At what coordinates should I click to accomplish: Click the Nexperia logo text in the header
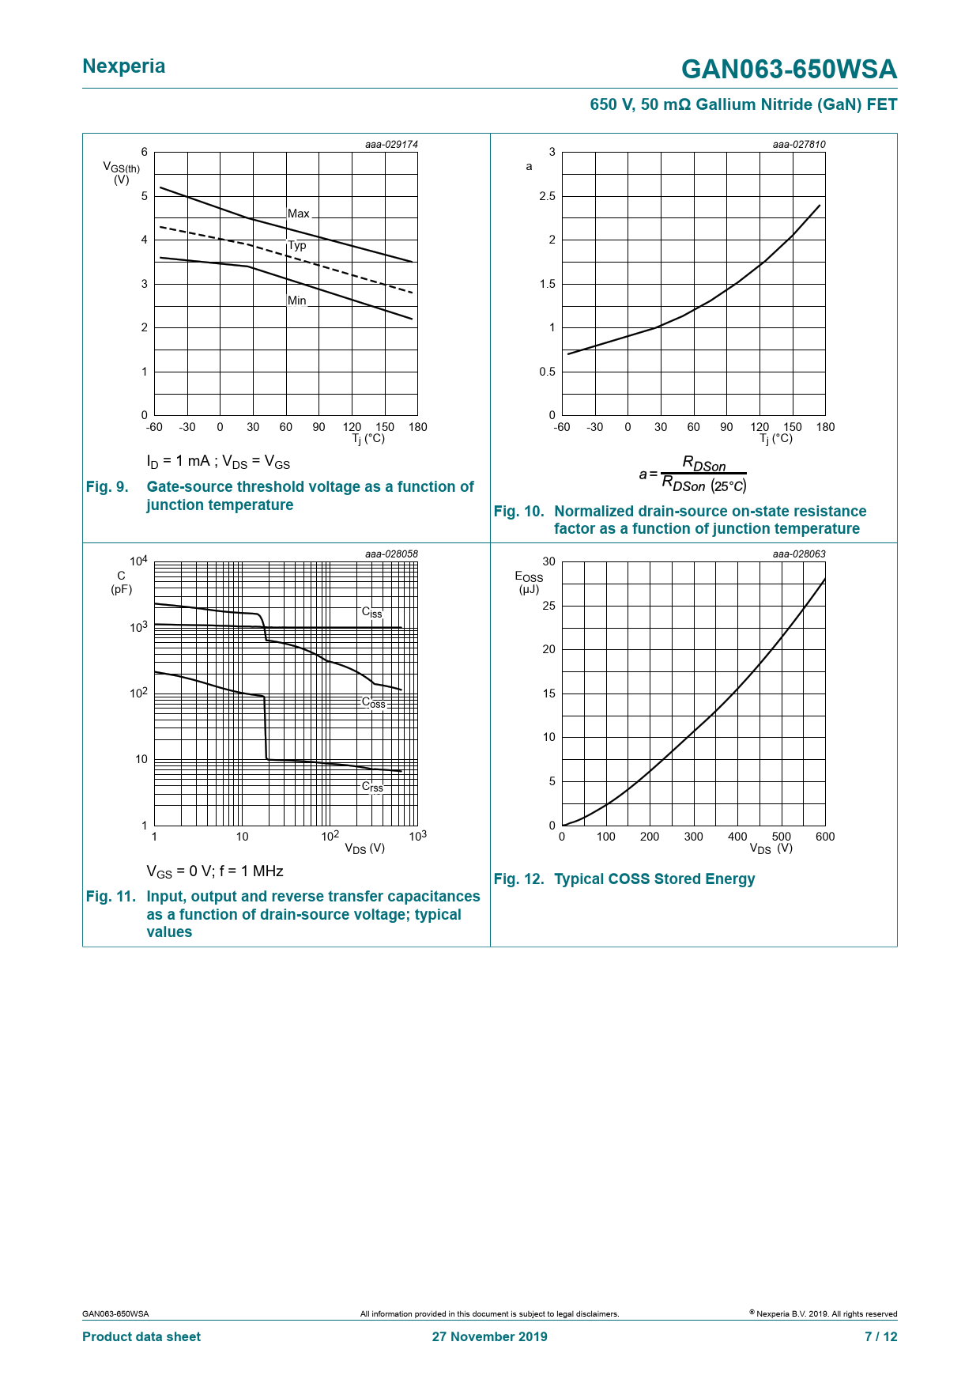(124, 66)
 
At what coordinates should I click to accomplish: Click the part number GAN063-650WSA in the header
(789, 70)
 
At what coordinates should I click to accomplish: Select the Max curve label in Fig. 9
(299, 214)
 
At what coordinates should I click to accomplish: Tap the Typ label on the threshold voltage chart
(297, 245)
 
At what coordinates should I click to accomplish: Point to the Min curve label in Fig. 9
(297, 300)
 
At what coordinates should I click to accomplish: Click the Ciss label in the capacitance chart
(372, 613)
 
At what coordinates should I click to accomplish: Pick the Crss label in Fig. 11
(372, 787)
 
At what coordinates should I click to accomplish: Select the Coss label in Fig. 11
(374, 702)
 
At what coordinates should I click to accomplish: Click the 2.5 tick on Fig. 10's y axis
(548, 196)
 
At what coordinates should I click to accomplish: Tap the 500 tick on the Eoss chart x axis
(781, 837)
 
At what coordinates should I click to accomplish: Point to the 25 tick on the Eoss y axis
(548, 606)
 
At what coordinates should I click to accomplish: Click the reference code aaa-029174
(391, 145)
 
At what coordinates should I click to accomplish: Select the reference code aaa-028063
(799, 554)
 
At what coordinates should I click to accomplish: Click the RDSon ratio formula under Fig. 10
(693, 474)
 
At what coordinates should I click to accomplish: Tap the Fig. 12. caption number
(518, 879)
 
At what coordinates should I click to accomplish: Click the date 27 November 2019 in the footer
(489, 1336)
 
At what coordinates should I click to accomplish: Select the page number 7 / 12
(880, 1336)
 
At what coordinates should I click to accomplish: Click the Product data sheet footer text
(141, 1336)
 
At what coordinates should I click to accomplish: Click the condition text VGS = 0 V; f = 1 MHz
(215, 871)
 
